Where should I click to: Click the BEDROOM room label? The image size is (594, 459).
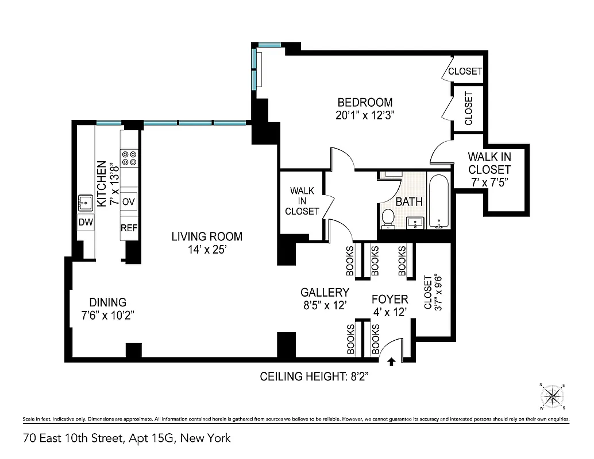[x=365, y=102]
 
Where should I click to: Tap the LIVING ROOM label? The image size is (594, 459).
[x=207, y=236]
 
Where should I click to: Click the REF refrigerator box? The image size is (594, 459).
[x=129, y=228]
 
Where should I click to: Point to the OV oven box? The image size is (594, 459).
[x=129, y=202]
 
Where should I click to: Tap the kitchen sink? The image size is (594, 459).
[x=86, y=202]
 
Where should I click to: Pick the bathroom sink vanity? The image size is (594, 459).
[x=415, y=221]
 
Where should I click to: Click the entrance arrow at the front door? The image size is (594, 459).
[x=392, y=361]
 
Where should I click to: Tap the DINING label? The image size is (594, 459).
[x=107, y=302]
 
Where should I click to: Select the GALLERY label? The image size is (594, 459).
[x=325, y=292]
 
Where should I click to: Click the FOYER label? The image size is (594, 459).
[x=389, y=299]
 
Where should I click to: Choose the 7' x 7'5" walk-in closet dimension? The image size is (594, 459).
[x=489, y=182]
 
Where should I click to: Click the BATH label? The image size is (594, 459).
[x=409, y=201]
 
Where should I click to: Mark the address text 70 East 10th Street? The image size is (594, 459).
[x=127, y=438]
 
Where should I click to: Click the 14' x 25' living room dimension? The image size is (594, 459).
[x=207, y=250]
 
